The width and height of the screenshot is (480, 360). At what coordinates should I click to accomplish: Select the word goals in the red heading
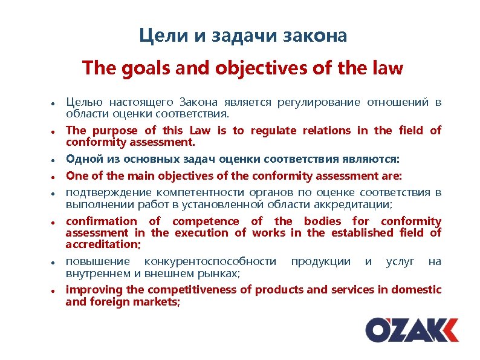(143, 68)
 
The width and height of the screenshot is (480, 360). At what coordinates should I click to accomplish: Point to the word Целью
(82, 102)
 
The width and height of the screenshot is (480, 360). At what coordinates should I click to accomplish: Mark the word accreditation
(102, 244)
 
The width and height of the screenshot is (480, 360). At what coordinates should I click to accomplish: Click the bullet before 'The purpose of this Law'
(54, 131)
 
